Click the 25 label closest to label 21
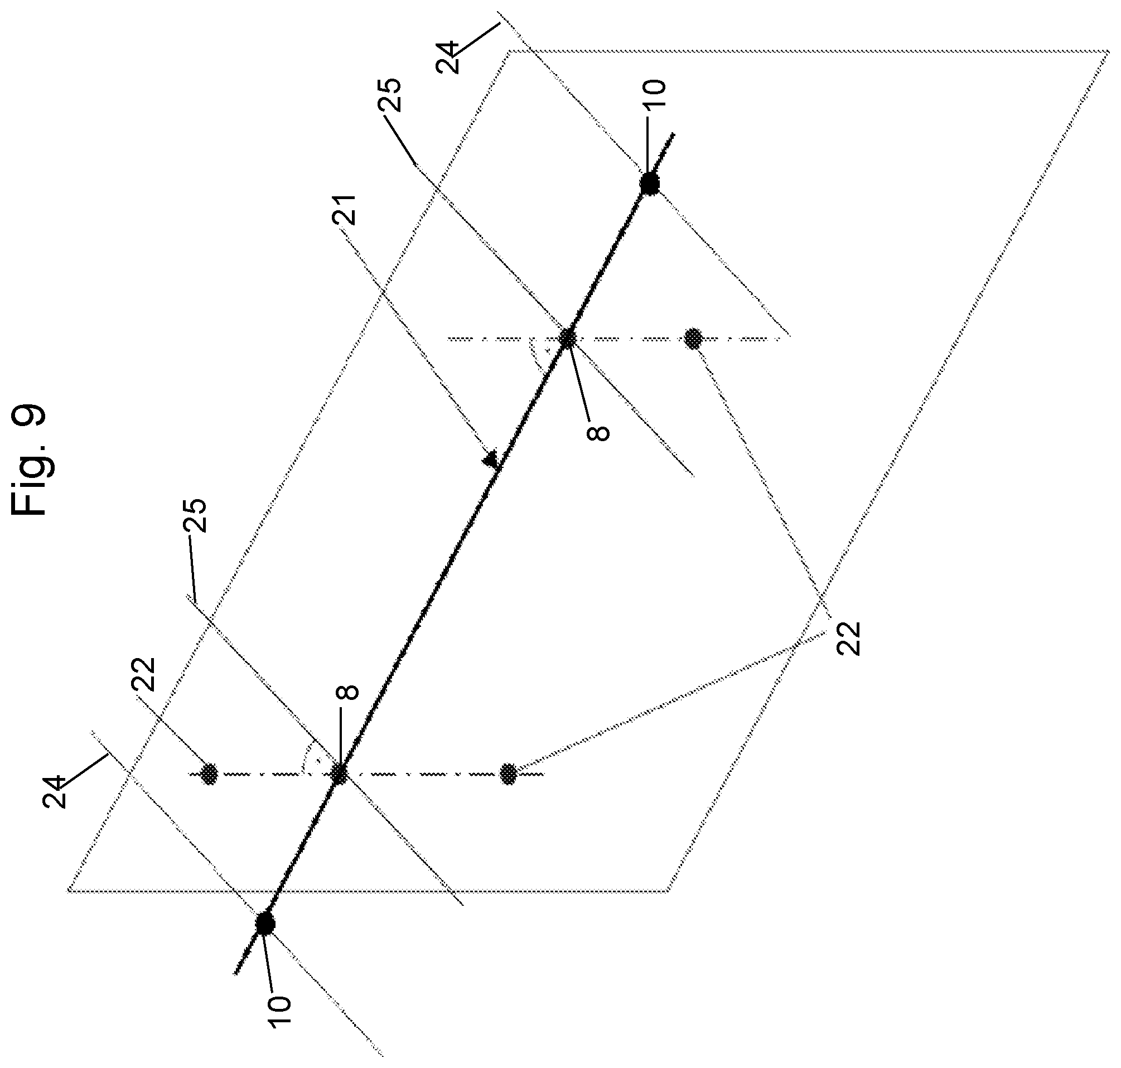[392, 95]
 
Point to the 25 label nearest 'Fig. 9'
[196, 516]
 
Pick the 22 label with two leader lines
[849, 638]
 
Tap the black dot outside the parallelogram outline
[265, 924]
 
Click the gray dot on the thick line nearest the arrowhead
[567, 339]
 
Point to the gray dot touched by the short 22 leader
[210, 774]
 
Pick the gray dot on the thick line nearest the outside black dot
[339, 774]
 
